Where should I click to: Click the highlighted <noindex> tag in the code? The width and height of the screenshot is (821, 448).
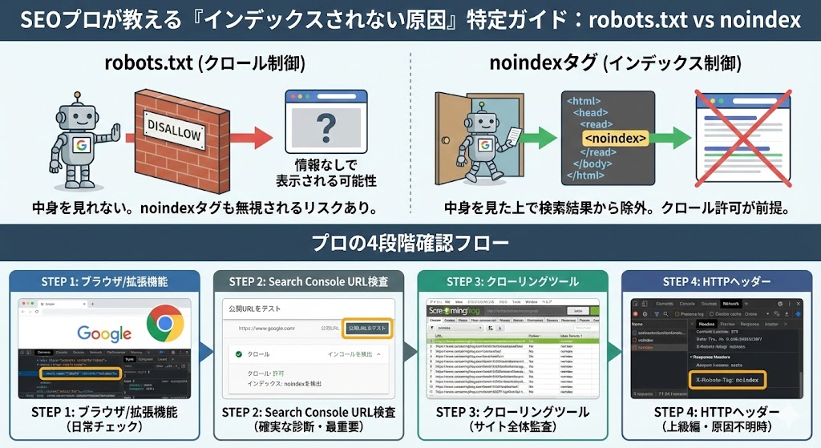(x=614, y=139)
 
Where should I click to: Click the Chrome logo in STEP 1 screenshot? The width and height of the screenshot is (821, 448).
(x=165, y=324)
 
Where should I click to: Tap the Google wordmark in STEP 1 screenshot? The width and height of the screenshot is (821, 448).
(x=104, y=333)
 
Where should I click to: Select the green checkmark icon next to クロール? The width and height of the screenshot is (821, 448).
(x=238, y=353)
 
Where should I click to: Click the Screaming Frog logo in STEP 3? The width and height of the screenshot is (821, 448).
(x=464, y=309)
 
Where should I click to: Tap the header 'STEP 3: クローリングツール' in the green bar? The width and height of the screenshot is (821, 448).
(x=512, y=281)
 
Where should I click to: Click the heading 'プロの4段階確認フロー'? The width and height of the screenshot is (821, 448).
(x=410, y=241)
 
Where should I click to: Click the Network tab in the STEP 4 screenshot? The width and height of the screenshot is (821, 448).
(x=730, y=305)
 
